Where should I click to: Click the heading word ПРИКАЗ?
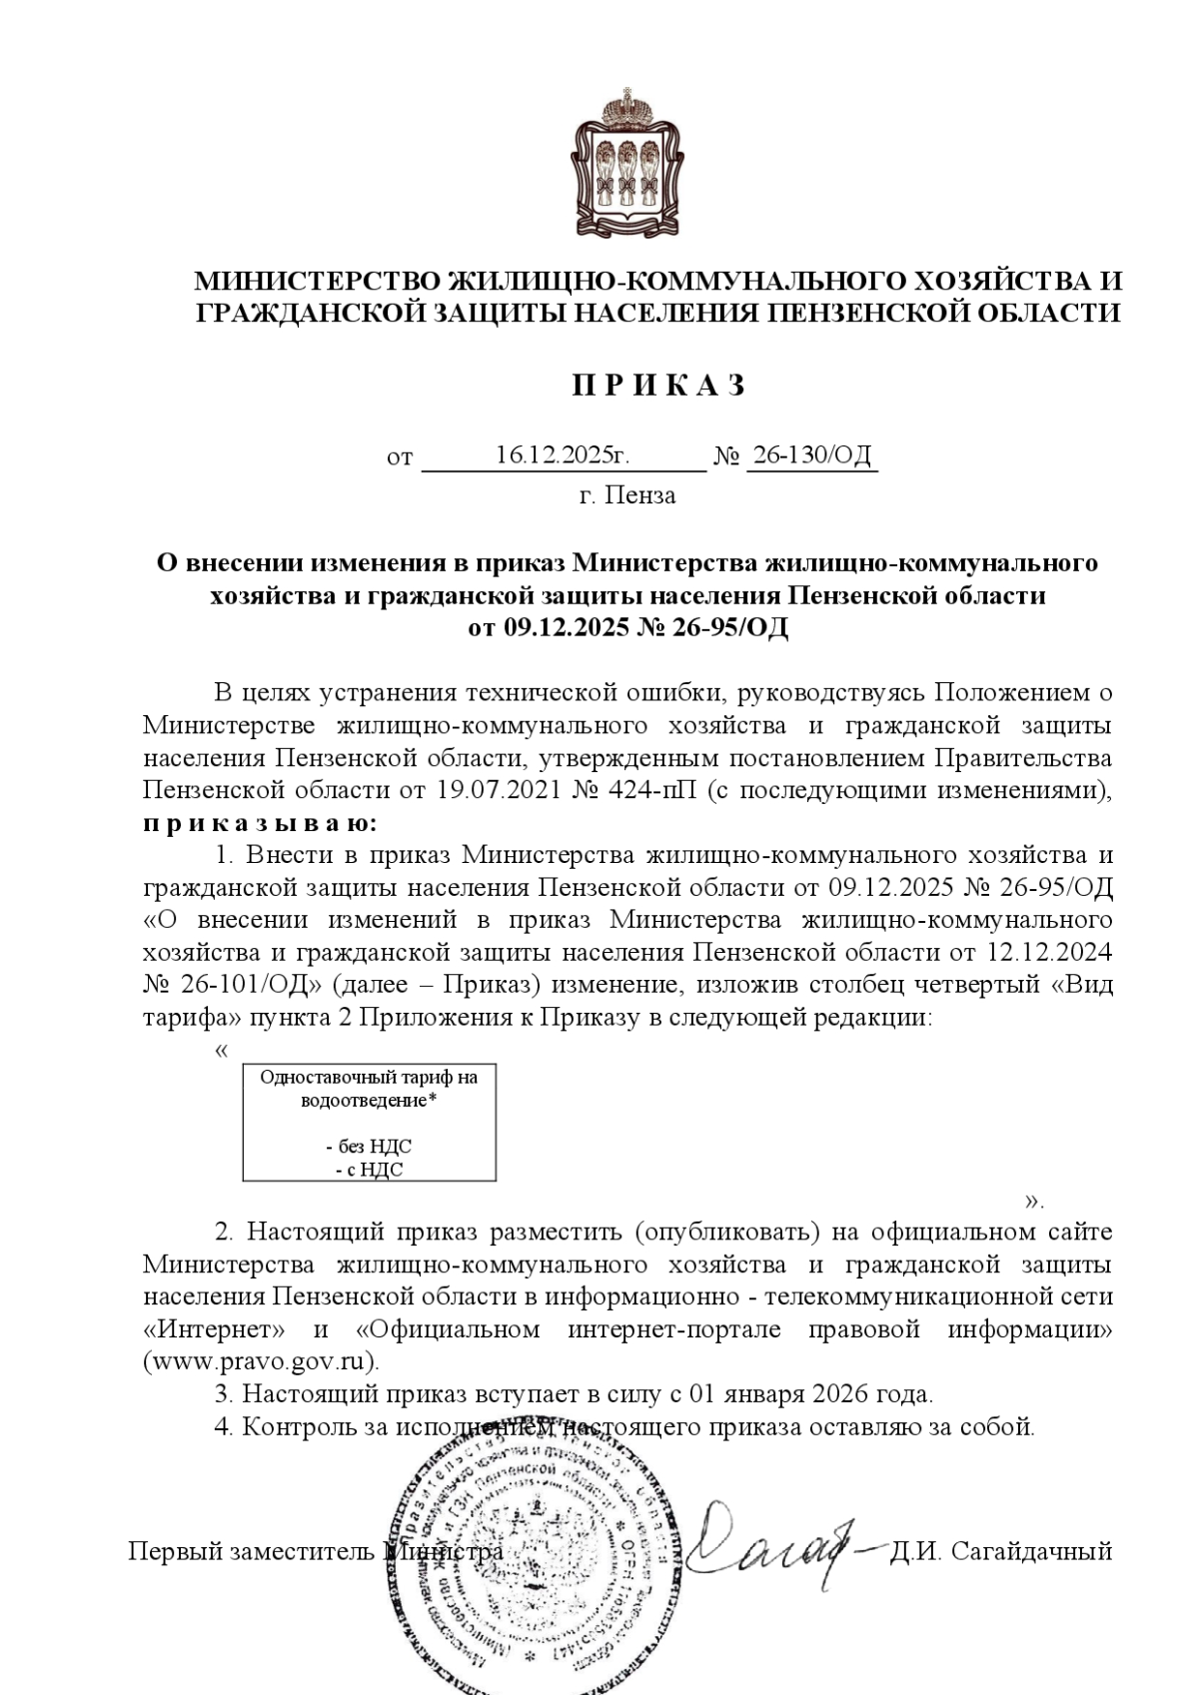click(658, 386)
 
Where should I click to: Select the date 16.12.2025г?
click(563, 456)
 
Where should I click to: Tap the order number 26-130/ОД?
click(811, 456)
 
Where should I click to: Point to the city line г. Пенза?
click(627, 495)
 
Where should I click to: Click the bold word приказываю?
click(261, 823)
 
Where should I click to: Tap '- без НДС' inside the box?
click(369, 1146)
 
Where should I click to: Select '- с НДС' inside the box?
click(369, 1169)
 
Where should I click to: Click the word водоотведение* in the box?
click(369, 1101)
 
